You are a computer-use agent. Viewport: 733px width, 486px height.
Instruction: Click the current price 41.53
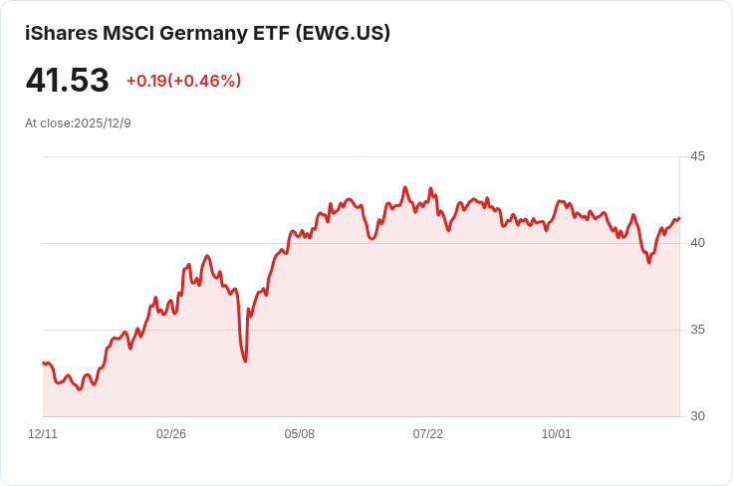click(x=67, y=80)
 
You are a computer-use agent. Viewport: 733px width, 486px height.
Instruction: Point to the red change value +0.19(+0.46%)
click(x=183, y=81)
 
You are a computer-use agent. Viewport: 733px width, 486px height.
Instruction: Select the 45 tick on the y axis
click(x=697, y=156)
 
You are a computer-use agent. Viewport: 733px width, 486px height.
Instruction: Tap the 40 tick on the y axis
click(x=697, y=243)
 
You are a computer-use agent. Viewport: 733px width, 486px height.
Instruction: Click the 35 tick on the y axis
click(x=697, y=330)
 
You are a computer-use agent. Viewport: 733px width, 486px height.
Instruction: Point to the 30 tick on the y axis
click(x=697, y=416)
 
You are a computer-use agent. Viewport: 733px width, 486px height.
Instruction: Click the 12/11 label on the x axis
click(x=43, y=434)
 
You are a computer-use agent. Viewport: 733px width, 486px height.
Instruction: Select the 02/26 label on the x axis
click(x=171, y=434)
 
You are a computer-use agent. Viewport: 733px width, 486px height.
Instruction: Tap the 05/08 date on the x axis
click(x=300, y=434)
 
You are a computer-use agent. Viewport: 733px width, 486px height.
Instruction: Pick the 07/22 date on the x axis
click(x=428, y=434)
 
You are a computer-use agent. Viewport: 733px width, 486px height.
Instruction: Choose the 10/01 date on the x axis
click(x=557, y=434)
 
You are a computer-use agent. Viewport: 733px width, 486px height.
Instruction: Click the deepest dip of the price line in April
click(x=245, y=361)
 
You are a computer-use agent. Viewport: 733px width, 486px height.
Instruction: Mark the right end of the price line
click(x=679, y=218)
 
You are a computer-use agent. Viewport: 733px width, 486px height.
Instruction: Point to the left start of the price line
click(x=43, y=363)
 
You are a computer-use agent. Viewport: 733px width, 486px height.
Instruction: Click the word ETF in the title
click(x=266, y=33)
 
